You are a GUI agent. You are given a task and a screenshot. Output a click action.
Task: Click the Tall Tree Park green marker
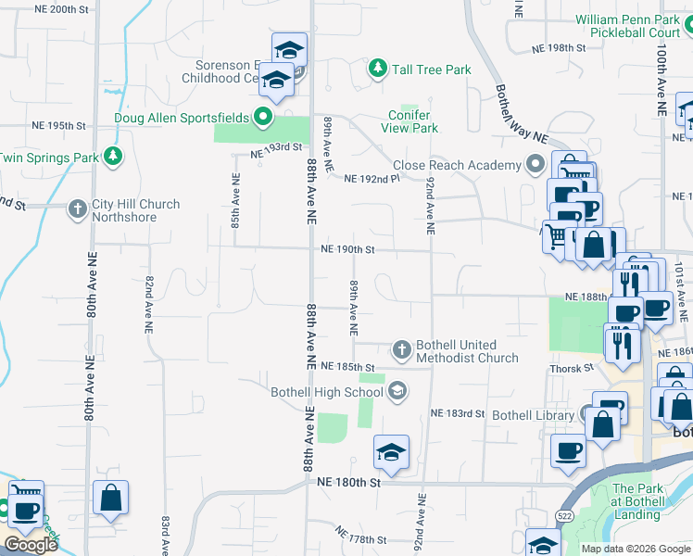click(x=377, y=69)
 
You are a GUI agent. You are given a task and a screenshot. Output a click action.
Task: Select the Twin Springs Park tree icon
click(x=114, y=157)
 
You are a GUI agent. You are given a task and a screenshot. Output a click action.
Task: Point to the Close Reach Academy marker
click(x=535, y=165)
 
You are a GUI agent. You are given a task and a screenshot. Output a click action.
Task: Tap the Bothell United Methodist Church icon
click(x=401, y=349)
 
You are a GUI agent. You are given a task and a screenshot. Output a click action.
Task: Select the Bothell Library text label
click(x=533, y=415)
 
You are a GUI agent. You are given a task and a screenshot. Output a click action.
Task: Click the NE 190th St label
click(x=347, y=249)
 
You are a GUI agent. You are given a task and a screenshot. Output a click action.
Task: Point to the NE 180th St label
click(x=348, y=483)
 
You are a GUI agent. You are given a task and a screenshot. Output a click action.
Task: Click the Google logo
click(x=31, y=545)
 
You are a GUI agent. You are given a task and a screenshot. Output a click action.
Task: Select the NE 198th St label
click(x=559, y=47)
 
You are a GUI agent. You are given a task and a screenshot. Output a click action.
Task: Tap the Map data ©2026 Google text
click(x=635, y=549)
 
